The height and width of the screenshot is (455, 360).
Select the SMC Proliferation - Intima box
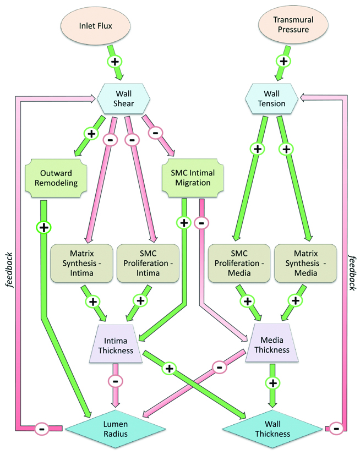[x=146, y=261]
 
